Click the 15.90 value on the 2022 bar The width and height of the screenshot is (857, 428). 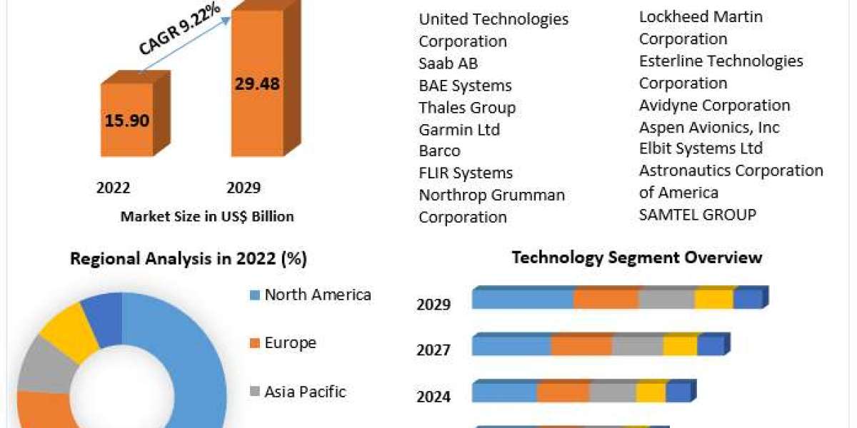[127, 121]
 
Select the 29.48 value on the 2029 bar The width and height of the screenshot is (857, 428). [257, 83]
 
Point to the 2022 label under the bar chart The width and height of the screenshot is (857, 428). [114, 188]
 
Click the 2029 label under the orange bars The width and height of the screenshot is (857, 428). [244, 188]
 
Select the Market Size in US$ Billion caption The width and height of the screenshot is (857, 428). [207, 216]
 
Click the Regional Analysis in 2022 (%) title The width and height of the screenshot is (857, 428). [189, 259]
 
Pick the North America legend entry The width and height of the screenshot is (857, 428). [317, 295]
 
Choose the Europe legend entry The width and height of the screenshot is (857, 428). [290, 343]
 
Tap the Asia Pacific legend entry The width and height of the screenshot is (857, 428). [305, 392]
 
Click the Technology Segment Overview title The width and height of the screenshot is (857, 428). [637, 258]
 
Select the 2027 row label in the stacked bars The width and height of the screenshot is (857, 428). [433, 350]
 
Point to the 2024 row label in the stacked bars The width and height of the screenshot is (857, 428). [433, 397]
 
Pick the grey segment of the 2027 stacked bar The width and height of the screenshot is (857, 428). [638, 346]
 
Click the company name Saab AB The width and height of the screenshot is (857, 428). [448, 63]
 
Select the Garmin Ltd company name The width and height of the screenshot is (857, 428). [459, 130]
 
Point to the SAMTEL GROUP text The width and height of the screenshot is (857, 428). [698, 214]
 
